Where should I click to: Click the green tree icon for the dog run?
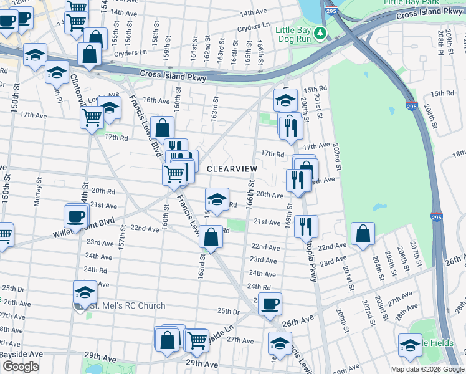click(x=320, y=32)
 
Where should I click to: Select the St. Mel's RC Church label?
click(x=127, y=305)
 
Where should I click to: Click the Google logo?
click(x=21, y=367)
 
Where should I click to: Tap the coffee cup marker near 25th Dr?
click(x=270, y=304)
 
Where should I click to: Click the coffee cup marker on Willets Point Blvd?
click(x=76, y=217)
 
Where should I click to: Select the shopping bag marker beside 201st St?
click(x=363, y=234)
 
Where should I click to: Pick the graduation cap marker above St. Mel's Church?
click(x=85, y=292)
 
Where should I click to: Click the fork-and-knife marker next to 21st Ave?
click(x=306, y=226)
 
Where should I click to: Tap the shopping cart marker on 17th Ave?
click(x=92, y=117)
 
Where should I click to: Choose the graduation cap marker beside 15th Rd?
click(x=285, y=100)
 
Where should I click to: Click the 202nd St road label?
click(x=336, y=158)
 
